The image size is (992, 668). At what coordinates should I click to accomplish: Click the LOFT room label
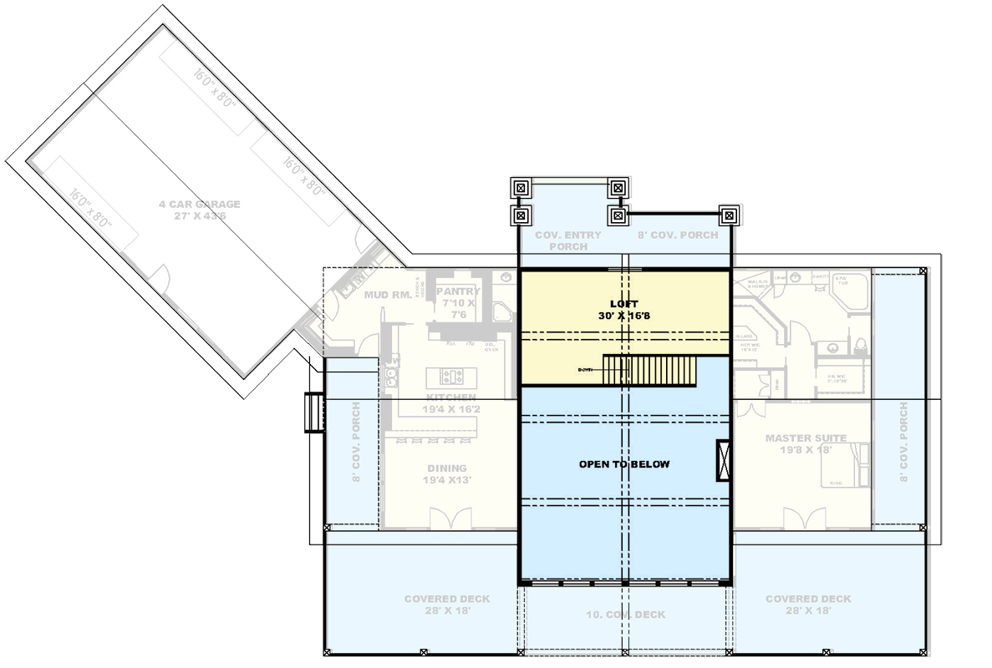[x=623, y=305]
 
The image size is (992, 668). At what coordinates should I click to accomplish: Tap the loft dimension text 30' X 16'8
[x=623, y=316]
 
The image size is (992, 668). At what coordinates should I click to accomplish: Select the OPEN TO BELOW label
[x=624, y=464]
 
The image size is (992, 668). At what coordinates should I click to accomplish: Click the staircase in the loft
[x=650, y=370]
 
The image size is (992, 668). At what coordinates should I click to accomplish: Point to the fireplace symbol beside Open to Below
[x=723, y=460]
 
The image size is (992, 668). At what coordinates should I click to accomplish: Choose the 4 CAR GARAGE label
[x=200, y=204]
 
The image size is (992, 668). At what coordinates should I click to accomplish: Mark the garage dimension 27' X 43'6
[x=200, y=215]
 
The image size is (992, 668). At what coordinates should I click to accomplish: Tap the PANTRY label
[x=458, y=291]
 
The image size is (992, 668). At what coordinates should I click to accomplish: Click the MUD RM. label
[x=385, y=295]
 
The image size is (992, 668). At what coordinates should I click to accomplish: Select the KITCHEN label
[x=451, y=397]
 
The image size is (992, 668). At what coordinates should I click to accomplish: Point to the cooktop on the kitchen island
[x=451, y=376]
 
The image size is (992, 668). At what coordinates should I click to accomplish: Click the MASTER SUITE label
[x=806, y=438]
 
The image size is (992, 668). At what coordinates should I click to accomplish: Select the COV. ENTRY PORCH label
[x=568, y=240]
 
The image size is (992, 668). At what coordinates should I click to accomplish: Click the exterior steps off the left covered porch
[x=313, y=412]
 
